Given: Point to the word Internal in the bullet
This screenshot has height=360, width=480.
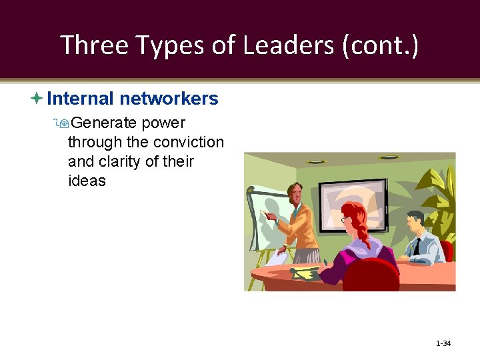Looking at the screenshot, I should click(x=81, y=99).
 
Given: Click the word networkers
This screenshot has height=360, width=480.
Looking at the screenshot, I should click(x=169, y=99).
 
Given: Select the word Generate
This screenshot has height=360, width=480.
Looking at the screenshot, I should click(x=104, y=123).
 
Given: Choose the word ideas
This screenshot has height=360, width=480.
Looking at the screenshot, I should click(x=87, y=181).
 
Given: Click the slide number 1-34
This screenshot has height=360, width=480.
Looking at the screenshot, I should click(x=443, y=343).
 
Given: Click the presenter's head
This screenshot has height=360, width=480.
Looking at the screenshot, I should click(x=295, y=193).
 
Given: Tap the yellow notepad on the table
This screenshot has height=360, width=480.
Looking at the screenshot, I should click(x=307, y=273).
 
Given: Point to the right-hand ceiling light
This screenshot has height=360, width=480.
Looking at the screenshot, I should click(x=388, y=158).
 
